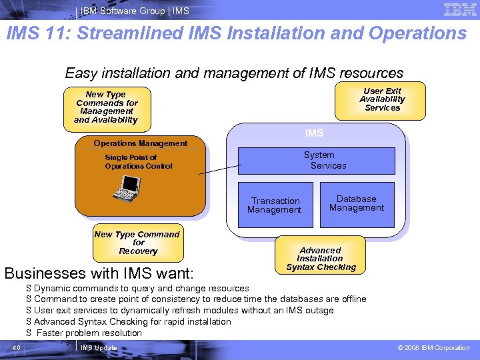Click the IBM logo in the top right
coord(459,10)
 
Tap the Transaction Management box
coord(275,205)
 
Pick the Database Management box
coord(357,204)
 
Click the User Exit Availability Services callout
coord(382,100)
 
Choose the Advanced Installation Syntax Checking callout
coord(321,259)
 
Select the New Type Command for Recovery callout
coord(137,243)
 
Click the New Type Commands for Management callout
coord(106,107)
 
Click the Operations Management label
coord(140,143)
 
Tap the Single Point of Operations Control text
coord(139,162)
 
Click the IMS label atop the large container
coord(314,133)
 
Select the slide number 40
coord(18,348)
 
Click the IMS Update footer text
coord(98,348)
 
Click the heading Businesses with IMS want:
coord(99,273)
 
